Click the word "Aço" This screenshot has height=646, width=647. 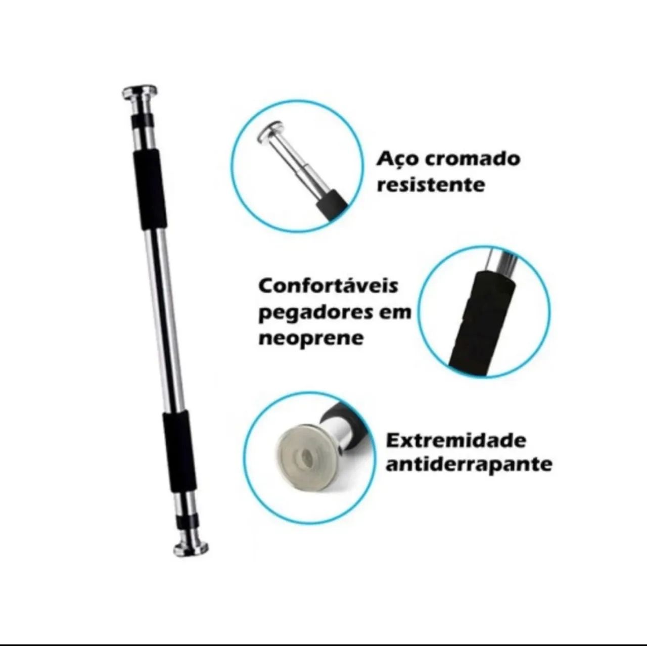[397, 160]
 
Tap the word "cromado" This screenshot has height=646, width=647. [473, 159]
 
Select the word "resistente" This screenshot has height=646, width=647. [431, 184]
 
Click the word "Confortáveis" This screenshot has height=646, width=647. [328, 287]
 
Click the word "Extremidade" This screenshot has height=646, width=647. [456, 440]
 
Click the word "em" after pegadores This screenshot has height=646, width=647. [392, 313]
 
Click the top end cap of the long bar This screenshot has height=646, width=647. [140, 93]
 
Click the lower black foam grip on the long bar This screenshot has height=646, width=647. [179, 452]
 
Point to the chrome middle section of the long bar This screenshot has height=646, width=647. [164, 319]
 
